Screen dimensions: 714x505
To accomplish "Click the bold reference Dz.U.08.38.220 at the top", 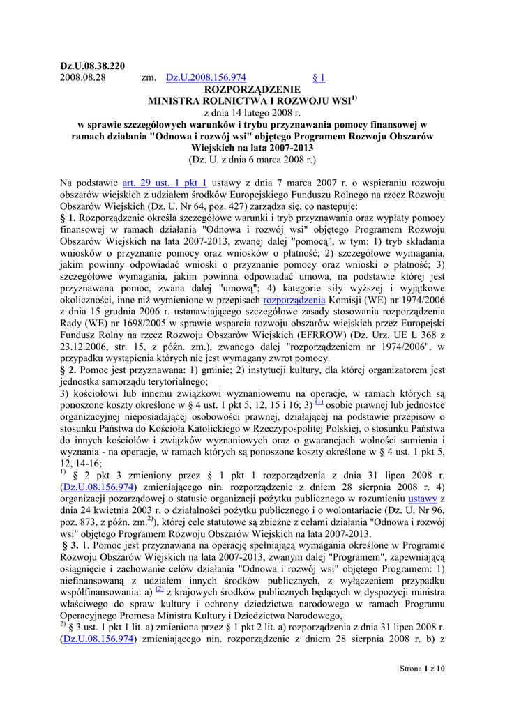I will pyautogui.click(x=92, y=66).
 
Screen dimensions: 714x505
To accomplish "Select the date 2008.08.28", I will pyautogui.click(x=82, y=78).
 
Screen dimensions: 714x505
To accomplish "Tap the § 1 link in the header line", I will pyautogui.click(x=319, y=78).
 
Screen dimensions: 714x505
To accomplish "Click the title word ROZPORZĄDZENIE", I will pyautogui.click(x=252, y=90).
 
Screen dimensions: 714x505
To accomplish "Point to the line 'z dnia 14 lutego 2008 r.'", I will pyautogui.click(x=252, y=113).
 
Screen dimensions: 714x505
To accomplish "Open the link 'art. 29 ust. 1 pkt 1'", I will pyautogui.click(x=165, y=183).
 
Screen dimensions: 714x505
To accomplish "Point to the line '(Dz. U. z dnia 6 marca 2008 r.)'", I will pyautogui.click(x=252, y=160).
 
